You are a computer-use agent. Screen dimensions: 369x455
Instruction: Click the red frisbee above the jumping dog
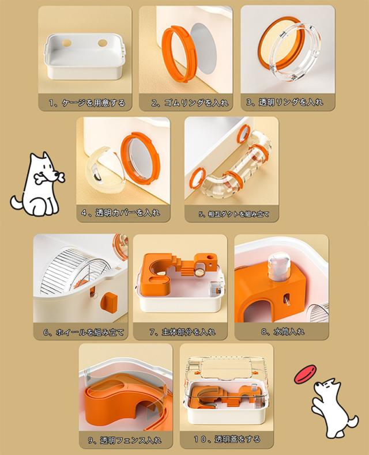pyautogui.click(x=306, y=374)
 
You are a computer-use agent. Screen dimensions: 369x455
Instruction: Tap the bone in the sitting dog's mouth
pyautogui.click(x=50, y=177)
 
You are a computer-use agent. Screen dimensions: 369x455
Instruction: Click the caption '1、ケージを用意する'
pyautogui.click(x=87, y=103)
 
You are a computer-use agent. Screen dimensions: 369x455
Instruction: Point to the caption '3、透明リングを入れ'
pyautogui.click(x=285, y=102)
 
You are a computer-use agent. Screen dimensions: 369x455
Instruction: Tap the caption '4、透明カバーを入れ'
pyautogui.click(x=121, y=213)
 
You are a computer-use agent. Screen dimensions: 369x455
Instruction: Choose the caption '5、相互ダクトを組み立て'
pyautogui.click(x=234, y=214)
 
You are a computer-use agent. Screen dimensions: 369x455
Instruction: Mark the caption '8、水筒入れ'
pyautogui.click(x=283, y=331)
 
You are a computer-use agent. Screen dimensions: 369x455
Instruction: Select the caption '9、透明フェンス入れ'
pyautogui.click(x=125, y=440)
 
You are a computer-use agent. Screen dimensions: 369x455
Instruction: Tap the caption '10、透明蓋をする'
pyautogui.click(x=227, y=439)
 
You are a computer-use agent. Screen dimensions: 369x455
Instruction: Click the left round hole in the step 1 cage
pyautogui.click(x=66, y=43)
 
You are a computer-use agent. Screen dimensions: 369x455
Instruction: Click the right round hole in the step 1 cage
pyautogui.click(x=102, y=43)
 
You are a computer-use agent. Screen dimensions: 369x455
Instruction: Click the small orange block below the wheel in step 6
pyautogui.click(x=109, y=301)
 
